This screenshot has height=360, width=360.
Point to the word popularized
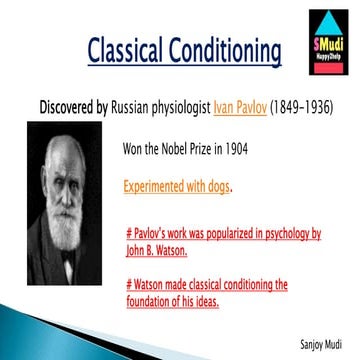pos(222,235)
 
